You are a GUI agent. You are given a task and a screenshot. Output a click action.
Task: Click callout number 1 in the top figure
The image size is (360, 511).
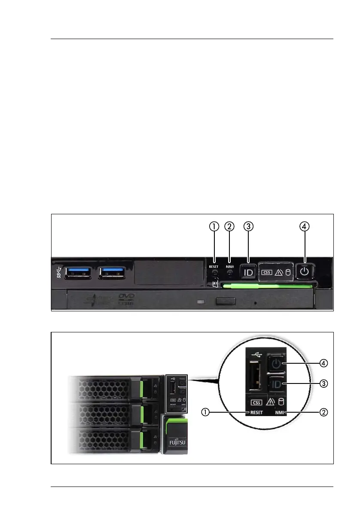214,226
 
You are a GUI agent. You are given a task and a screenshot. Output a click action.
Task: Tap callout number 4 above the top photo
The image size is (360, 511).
305,226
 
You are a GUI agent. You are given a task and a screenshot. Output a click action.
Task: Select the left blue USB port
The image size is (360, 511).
78,273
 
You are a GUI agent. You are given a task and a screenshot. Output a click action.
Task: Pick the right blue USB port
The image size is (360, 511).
112,273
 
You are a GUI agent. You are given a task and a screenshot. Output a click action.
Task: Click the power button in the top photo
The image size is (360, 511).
305,272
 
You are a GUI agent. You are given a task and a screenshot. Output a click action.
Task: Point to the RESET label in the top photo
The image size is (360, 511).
214,267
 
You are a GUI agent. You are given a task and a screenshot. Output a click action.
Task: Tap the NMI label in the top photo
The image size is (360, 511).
230,266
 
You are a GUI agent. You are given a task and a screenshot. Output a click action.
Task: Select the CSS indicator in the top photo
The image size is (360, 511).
267,272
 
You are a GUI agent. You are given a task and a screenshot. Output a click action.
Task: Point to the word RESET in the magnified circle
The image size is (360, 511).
256,413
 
